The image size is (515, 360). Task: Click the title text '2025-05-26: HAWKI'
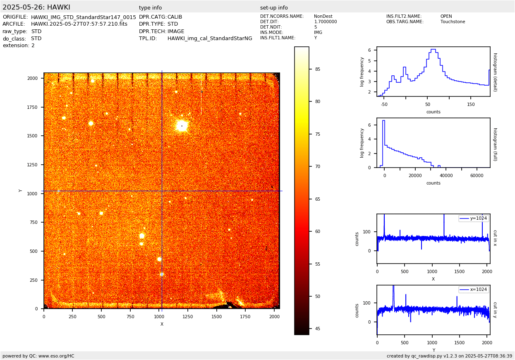point(36,7)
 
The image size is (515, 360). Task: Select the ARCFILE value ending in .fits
point(79,24)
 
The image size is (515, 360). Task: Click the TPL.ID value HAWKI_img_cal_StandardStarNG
point(210,38)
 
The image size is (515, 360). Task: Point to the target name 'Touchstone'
point(453,22)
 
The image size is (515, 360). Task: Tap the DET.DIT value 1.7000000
point(326,22)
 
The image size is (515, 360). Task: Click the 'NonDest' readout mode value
point(323,17)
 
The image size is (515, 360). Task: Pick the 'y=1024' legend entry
point(474,218)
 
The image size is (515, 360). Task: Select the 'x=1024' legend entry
point(474,289)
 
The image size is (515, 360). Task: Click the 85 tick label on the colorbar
point(318,69)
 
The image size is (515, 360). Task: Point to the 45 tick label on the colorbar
point(318,329)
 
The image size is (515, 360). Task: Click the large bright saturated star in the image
point(182,125)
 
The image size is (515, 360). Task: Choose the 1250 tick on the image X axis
point(187,317)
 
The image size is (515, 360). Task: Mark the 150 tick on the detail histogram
point(471,104)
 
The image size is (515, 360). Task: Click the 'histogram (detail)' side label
point(495,72)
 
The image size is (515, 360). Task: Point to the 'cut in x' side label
point(495,238)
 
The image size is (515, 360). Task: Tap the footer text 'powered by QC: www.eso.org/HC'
point(38,356)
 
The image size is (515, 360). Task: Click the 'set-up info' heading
point(274,8)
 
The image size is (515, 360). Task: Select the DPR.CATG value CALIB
point(175,17)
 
